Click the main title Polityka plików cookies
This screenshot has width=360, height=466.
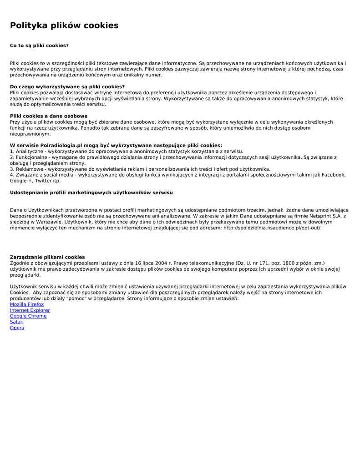tap(64, 25)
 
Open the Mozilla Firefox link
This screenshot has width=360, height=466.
tap(27, 304)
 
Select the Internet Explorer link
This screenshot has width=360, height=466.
tap(30, 310)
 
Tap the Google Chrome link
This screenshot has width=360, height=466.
tap(28, 316)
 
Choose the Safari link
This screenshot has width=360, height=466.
tap(17, 322)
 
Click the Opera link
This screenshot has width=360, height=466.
tap(17, 328)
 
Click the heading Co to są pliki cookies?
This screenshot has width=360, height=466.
tap(39, 46)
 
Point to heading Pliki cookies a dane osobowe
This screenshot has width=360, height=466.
tap(49, 116)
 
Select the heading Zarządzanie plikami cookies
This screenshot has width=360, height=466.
tap(47, 258)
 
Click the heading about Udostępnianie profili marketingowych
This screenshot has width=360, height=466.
tap(91, 193)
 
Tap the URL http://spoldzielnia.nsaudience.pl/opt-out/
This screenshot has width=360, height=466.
tap(272, 228)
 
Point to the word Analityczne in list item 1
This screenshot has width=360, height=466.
tap(30, 152)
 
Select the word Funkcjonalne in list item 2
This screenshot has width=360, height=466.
tap(32, 157)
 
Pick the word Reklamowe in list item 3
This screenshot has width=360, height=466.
tap(30, 169)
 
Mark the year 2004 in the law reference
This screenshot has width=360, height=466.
tap(161, 263)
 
